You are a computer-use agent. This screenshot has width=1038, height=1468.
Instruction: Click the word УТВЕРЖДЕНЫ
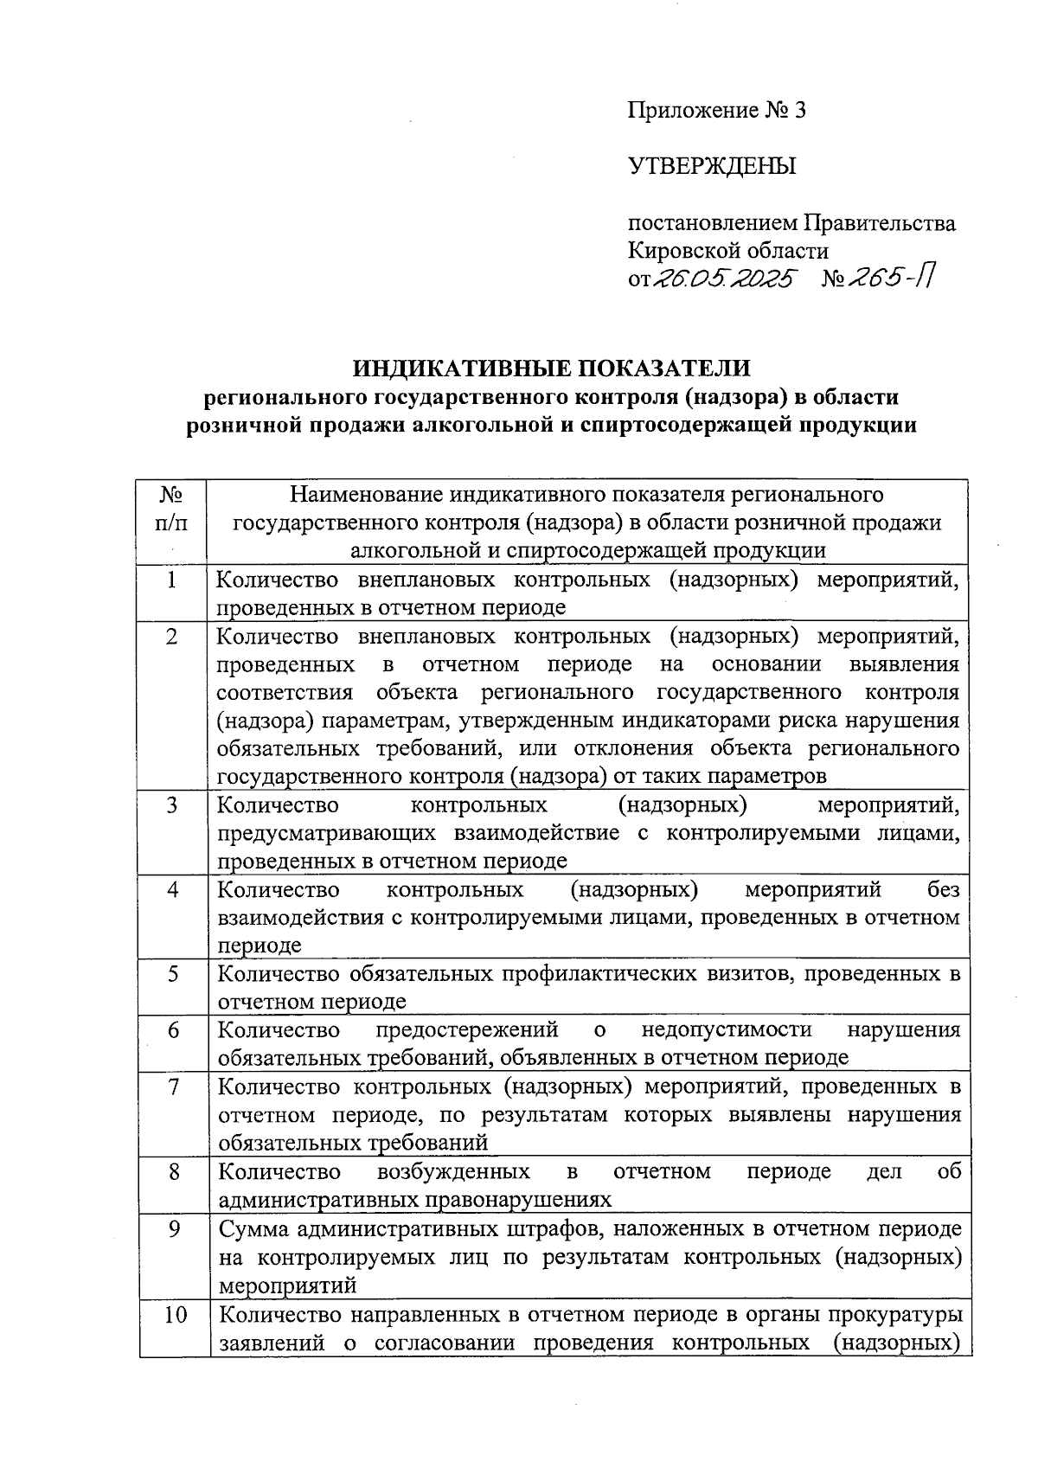point(711,166)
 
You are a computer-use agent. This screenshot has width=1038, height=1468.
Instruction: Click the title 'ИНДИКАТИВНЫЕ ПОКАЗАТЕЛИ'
point(551,368)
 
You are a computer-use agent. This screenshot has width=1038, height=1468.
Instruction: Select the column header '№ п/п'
point(172,509)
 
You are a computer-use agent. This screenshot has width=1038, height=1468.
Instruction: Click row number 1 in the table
point(172,580)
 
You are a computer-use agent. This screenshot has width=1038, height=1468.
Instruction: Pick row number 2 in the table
point(172,637)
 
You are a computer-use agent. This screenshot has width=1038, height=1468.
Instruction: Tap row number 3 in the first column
point(172,805)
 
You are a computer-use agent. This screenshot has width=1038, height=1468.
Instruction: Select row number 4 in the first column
point(173,889)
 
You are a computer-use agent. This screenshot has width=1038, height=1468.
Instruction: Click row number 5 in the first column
point(173,974)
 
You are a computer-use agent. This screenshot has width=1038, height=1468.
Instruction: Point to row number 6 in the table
point(173,1030)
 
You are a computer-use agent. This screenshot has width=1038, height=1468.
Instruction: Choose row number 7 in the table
point(173,1087)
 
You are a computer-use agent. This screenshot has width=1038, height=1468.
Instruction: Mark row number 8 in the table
point(173,1171)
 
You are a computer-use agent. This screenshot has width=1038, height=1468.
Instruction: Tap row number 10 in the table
point(173,1315)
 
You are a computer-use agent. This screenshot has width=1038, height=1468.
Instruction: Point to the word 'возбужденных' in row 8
point(453,1171)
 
